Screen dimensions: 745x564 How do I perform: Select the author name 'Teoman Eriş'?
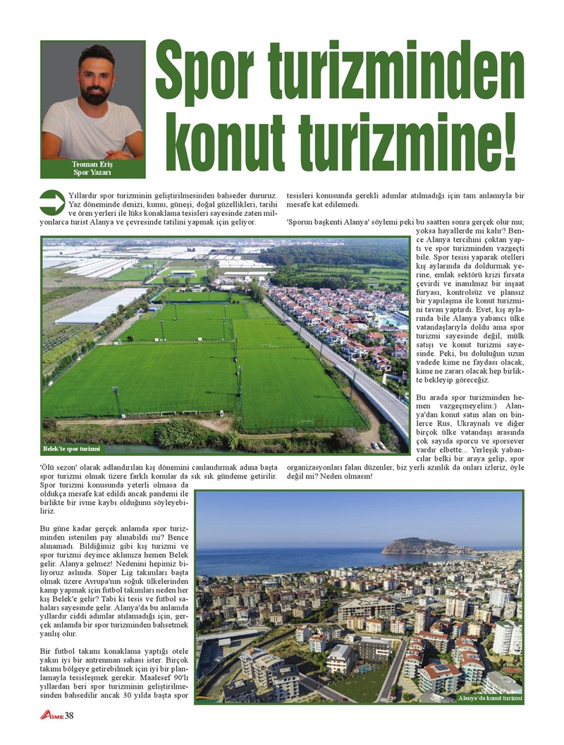point(92,164)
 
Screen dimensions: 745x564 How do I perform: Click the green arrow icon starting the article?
point(52,202)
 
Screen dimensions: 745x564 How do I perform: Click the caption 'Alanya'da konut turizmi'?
point(490,698)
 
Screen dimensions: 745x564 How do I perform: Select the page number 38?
point(69,717)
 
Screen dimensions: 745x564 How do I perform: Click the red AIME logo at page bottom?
point(51,717)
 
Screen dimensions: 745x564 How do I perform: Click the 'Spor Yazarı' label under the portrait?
point(92,173)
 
